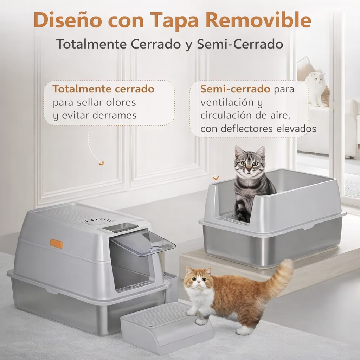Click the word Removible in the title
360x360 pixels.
pos(258,20)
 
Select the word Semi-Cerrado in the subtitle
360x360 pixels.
pos(240,44)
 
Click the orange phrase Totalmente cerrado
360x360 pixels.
pos(103,89)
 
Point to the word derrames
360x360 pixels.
pos(115,116)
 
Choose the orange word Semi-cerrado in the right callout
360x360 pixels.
pos(235,89)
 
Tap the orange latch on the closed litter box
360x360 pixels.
pos(56,243)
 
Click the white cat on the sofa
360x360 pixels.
pos(315,88)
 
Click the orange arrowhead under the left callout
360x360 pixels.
pos(101,163)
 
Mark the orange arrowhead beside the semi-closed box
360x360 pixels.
pos(216,178)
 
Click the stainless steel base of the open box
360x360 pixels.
pos(274,246)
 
